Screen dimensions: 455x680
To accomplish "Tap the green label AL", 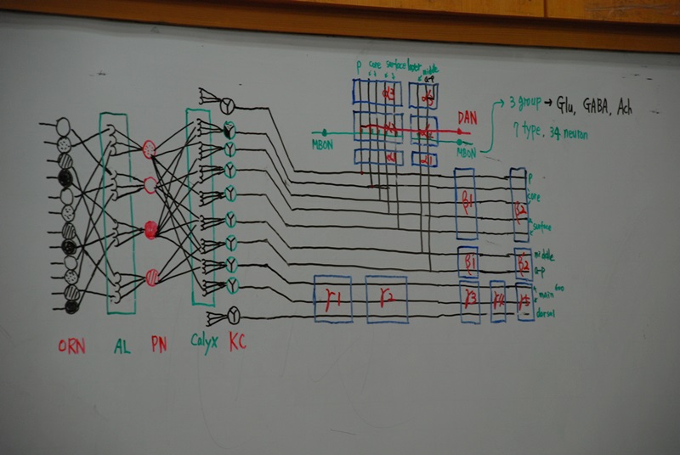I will (121, 346).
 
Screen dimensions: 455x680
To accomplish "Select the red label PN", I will (158, 346).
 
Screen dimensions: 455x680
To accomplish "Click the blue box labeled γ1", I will (333, 299).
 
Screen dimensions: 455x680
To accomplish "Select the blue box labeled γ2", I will (386, 299).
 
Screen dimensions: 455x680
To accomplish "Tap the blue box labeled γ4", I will (497, 299).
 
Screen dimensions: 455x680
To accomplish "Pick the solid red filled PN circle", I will (151, 228).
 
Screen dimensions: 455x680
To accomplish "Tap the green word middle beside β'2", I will (544, 253).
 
